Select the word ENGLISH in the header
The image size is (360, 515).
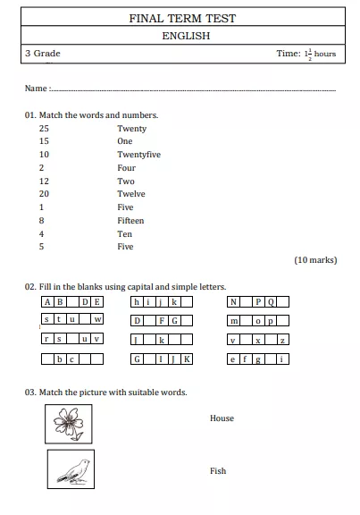pos(186,36)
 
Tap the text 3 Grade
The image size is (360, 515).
pos(43,54)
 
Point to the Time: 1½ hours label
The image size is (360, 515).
pos(306,54)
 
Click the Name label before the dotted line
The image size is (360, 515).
pos(36,89)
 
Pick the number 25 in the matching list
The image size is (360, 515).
pos(44,129)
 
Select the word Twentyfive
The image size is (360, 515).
pos(138,155)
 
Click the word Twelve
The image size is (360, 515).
pos(130,194)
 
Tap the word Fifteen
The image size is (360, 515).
pos(130,220)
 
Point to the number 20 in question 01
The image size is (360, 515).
pos(44,194)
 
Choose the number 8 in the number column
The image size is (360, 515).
pos(41,220)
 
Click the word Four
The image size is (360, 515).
pos(126,168)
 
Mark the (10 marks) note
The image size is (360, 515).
pos(315,260)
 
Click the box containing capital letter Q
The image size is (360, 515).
pos(272,302)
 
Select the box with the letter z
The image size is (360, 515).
pos(283,341)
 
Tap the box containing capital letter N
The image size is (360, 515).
pos(233,302)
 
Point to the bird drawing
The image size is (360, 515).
pos(71,469)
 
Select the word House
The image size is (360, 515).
pos(222,418)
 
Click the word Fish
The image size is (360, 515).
pos(218,471)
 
